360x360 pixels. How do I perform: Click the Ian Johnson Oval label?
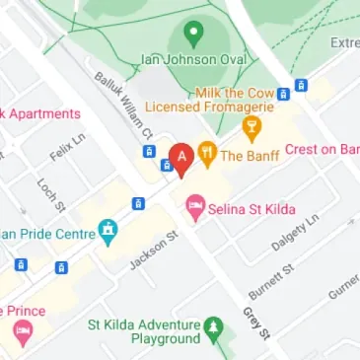coord(194,58)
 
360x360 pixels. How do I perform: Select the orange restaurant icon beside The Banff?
coord(207,153)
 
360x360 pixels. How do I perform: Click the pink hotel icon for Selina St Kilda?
coord(195,206)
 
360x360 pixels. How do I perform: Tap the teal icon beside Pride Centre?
coord(108,233)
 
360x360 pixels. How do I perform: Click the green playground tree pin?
coord(211,326)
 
